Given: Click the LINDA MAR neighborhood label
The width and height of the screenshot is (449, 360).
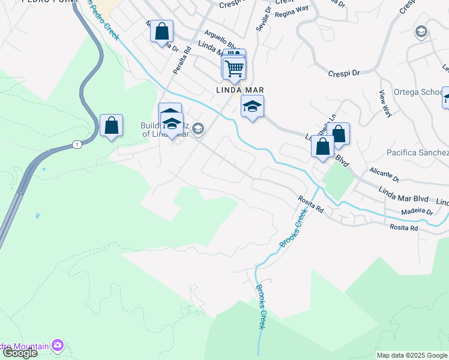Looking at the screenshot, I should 241,90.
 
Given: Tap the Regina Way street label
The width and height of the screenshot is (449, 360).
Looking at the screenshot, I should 291,17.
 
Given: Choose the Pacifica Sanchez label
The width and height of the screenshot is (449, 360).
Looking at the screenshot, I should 417,152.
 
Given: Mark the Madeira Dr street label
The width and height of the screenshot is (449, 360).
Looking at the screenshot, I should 417,212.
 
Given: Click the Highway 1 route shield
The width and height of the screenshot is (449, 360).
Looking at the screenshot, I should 76,145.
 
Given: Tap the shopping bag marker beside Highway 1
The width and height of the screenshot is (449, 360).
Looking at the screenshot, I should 111,126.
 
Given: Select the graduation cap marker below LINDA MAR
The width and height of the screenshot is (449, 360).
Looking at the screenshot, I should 252,107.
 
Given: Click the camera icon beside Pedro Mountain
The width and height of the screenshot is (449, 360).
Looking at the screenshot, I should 58,345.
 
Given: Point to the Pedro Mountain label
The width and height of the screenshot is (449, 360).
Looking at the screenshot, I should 24,346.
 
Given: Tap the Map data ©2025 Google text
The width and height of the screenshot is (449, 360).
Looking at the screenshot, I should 412,355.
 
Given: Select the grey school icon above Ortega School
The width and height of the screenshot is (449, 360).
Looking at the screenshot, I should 421,31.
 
